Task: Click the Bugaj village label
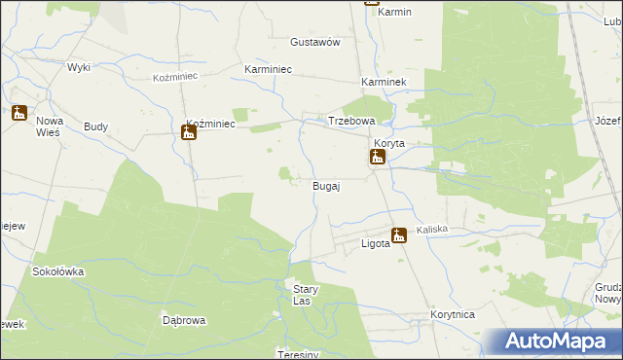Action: [x=325, y=186]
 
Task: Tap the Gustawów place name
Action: [x=314, y=43]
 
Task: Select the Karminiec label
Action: [x=269, y=70]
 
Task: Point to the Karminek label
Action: [x=383, y=84]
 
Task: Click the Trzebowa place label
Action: [x=351, y=121]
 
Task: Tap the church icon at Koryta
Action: [x=377, y=157]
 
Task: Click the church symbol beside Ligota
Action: [x=398, y=234]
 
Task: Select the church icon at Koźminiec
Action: [x=189, y=131]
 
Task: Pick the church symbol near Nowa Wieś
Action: [x=18, y=113]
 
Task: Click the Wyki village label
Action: [x=79, y=67]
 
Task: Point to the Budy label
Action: [x=96, y=126]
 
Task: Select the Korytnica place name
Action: [x=452, y=315]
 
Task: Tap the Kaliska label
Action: [x=431, y=230]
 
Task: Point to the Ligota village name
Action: [x=376, y=243]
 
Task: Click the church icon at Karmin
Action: [x=372, y=2]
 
